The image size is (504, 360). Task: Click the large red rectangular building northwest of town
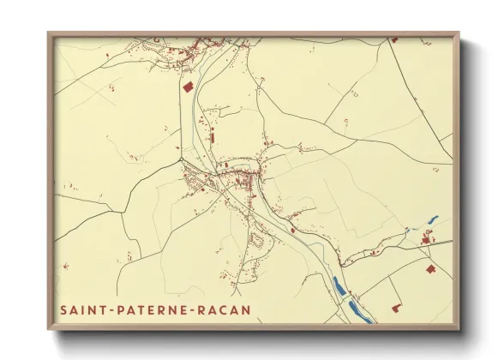188,87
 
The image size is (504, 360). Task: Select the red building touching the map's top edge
394,39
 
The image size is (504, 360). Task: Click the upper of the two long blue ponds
339,286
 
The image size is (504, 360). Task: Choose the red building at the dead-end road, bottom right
396,307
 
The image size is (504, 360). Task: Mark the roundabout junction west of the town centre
182,159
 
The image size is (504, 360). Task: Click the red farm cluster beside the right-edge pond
425,241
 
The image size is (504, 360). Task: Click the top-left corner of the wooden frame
49,33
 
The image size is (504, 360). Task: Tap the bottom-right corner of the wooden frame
458,329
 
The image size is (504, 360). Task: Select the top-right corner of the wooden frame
458,33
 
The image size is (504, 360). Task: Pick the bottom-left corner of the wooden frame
49,329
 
